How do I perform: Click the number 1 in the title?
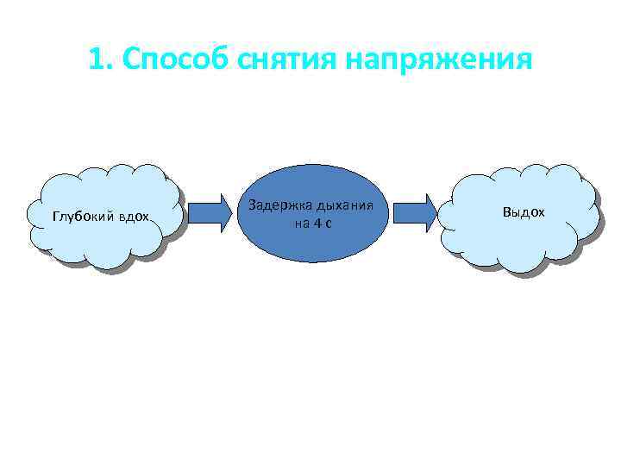click(95, 60)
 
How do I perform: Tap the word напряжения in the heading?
click(440, 60)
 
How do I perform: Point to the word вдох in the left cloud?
click(134, 215)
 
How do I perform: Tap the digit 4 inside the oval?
click(315, 223)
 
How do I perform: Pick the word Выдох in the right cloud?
click(524, 211)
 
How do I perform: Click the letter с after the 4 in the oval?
click(329, 223)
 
